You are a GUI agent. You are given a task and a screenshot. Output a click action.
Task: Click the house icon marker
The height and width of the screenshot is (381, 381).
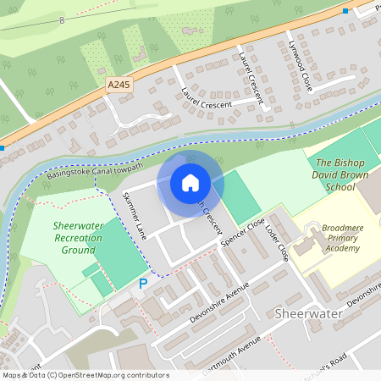coord(190,182)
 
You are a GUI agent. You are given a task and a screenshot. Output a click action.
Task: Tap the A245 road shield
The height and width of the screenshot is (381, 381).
coord(119,85)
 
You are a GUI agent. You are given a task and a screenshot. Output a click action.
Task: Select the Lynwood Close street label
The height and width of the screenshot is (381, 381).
coord(300,65)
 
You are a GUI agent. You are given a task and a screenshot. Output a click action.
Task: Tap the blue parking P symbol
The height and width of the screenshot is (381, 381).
coord(143,284)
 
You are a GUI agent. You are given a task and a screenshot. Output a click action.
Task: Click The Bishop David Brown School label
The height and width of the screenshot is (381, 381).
coord(334,174)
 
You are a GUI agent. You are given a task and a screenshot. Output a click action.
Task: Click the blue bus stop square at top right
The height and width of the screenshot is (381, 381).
coord(345,10)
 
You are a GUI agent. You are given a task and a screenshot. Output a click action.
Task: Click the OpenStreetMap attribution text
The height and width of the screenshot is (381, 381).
coord(85,375)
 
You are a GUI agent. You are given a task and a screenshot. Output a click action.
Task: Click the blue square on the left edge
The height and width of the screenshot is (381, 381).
coord(3,148)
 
